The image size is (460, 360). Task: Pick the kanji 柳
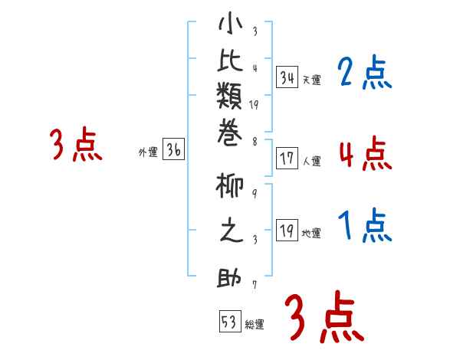point(231,187)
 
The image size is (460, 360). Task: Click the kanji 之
point(231,231)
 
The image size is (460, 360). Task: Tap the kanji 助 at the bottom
point(231,277)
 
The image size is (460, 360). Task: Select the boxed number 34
point(287,77)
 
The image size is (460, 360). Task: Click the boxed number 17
point(287,159)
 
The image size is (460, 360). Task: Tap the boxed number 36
point(173,150)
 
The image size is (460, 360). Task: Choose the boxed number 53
point(228,321)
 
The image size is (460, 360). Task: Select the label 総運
point(254,325)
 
